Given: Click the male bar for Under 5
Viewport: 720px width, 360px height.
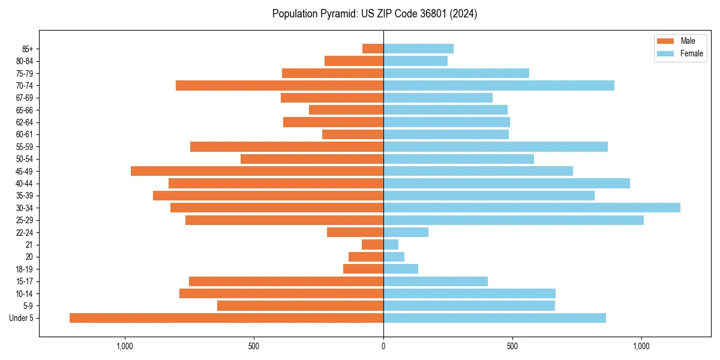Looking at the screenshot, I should [226, 318].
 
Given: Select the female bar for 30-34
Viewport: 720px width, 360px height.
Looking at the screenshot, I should [532, 208].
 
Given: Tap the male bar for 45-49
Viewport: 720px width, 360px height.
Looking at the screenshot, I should [257, 171].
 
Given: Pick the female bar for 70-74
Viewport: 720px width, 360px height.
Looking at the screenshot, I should [499, 85].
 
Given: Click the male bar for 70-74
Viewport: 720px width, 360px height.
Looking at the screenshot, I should [280, 85].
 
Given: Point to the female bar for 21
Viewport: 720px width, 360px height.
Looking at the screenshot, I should [391, 244].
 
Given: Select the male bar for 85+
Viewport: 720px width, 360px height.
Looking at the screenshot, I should [373, 49].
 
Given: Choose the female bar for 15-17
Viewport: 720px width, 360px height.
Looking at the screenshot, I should [436, 281].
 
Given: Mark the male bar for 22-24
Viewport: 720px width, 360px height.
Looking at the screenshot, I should [355, 232].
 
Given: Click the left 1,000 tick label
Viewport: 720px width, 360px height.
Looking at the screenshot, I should [125, 347].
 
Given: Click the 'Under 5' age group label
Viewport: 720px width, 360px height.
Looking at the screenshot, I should [22, 318].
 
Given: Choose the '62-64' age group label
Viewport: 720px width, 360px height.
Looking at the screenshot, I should [25, 122].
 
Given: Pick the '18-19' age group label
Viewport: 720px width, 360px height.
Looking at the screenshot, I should [25, 269].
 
